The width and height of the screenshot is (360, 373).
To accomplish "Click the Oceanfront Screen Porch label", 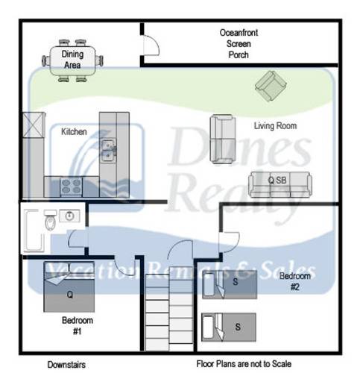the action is point(239,44).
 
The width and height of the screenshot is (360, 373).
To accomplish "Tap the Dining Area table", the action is point(72,60).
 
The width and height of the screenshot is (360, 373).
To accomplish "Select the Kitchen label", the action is point(74,131).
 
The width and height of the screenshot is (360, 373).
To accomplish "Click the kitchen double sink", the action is point(108,151).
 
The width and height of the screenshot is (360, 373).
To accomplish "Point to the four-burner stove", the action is point(71,186).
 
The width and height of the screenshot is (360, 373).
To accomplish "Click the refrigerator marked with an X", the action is point(34,125).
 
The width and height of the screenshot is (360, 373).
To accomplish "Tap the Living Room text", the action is point(275,125).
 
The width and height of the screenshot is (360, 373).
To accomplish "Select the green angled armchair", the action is point(271,86).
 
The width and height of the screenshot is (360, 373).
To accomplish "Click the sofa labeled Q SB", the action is point(280,184).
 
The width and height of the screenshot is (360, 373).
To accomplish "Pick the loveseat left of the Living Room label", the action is point(223,139).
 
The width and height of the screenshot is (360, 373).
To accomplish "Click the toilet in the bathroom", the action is point(50,220).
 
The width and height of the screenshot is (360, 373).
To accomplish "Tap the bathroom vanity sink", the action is point(69,216).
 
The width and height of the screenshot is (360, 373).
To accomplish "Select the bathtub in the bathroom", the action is point(34,230).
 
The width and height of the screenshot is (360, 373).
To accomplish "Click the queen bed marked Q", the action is point(69,286).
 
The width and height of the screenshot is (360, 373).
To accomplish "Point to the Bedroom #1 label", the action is point(78,325).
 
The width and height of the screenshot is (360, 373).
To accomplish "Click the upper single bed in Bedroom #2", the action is point(230,284).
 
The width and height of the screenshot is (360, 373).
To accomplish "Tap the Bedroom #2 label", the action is point(295,281).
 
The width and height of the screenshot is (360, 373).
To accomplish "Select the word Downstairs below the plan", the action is point(66,365).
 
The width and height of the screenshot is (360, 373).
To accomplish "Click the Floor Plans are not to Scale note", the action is point(244,364).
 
